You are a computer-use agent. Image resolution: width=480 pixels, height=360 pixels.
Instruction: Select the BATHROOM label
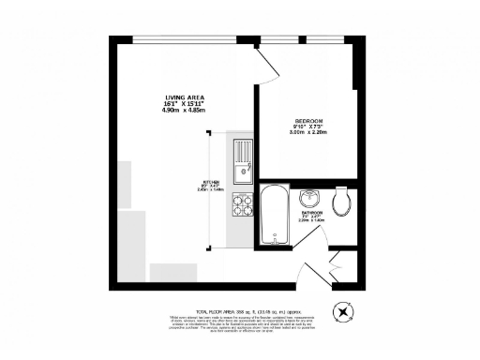312,213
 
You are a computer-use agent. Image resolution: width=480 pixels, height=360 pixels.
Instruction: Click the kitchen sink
242,159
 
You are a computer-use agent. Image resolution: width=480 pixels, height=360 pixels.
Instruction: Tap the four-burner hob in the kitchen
242,206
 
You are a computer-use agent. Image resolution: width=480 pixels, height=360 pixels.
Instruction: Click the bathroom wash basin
310,198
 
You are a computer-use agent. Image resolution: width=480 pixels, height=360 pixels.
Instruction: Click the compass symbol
344,312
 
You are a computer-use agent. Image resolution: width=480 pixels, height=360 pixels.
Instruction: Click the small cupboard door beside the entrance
339,263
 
